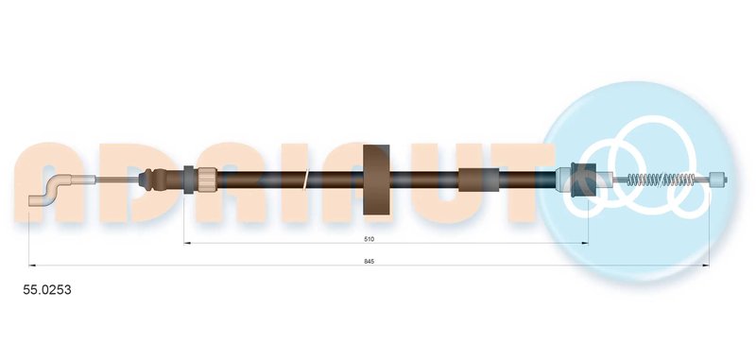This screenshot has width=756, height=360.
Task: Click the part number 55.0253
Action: [47, 290]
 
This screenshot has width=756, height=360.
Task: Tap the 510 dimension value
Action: [369, 238]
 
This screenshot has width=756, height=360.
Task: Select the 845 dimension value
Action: [369, 261]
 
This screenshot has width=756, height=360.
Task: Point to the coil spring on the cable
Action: [661, 180]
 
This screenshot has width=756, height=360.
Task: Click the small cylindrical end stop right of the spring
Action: [718, 180]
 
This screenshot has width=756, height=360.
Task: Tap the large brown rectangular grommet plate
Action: [376, 180]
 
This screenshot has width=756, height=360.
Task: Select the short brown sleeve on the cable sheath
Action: [478, 180]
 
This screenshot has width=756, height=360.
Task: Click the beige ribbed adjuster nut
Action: [207, 180]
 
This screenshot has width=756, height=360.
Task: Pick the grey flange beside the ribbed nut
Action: [188, 180]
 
